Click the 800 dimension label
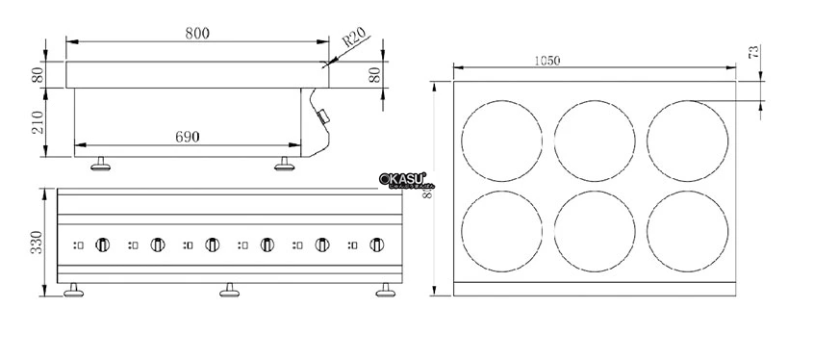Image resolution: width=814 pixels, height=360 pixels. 197,33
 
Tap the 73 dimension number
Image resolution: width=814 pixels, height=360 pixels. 754,52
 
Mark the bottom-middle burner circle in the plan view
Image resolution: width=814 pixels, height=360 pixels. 594,231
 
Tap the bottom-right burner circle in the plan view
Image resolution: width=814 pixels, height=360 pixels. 687,231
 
